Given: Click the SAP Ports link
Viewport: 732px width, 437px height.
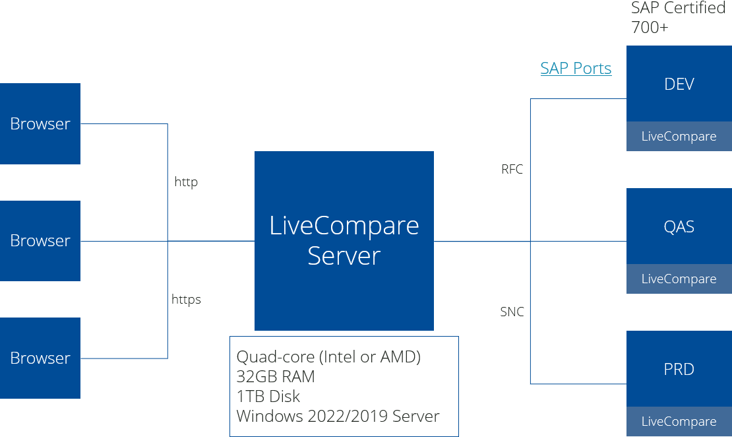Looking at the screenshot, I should coord(576,69).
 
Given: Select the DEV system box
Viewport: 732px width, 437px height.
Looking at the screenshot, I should coord(679,84).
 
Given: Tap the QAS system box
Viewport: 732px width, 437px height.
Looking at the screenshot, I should coord(679,226).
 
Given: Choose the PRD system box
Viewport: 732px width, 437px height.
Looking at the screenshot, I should coord(679,369).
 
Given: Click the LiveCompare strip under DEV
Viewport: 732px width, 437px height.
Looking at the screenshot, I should coord(679,137).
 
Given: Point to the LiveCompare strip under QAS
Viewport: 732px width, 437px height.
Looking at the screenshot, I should coord(679,279).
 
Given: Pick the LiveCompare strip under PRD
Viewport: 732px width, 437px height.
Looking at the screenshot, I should coord(679,422).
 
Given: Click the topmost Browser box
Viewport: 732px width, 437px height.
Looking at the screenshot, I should coord(40,123).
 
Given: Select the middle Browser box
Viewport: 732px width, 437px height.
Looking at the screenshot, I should coord(40,241).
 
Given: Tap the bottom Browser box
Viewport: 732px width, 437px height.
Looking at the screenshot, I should coord(40,358).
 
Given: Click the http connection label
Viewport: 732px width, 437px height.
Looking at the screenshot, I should coord(186,182).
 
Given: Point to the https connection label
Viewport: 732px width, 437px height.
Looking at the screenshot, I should coord(186,300).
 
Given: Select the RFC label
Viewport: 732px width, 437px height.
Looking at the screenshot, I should coord(512,170).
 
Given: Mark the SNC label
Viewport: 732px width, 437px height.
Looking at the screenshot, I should coord(512,312).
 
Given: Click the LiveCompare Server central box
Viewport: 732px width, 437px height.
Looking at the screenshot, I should coord(344,241).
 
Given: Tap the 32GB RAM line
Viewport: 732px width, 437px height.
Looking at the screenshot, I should coord(276,377).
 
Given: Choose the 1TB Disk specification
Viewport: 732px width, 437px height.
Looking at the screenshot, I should coord(268,397).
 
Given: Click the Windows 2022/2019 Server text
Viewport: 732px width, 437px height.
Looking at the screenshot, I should coord(338,417).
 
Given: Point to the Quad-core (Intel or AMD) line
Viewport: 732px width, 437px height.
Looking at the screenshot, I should coord(328,357).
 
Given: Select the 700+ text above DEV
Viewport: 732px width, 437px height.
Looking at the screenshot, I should coord(650,28).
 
